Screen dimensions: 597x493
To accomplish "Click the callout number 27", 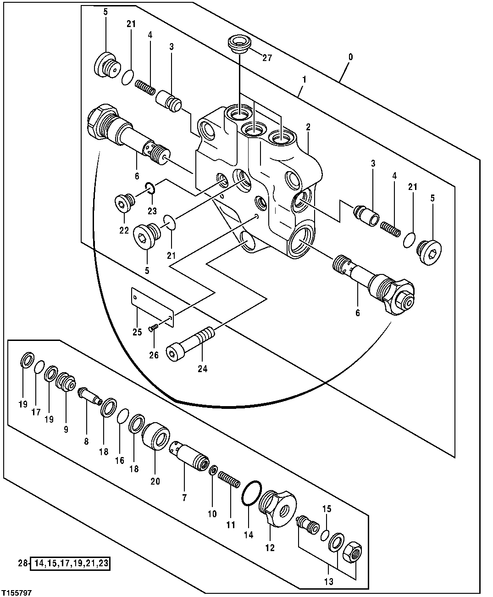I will [x=267, y=57].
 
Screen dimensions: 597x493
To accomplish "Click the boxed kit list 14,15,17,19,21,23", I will [x=71, y=564].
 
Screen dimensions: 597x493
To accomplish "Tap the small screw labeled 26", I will [x=154, y=328].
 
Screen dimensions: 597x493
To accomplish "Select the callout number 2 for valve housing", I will [x=308, y=127].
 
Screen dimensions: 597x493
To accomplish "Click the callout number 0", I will [x=350, y=57].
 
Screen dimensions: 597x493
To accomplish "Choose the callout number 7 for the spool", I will [x=184, y=497].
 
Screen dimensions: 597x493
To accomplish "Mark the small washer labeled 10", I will [x=213, y=471].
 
